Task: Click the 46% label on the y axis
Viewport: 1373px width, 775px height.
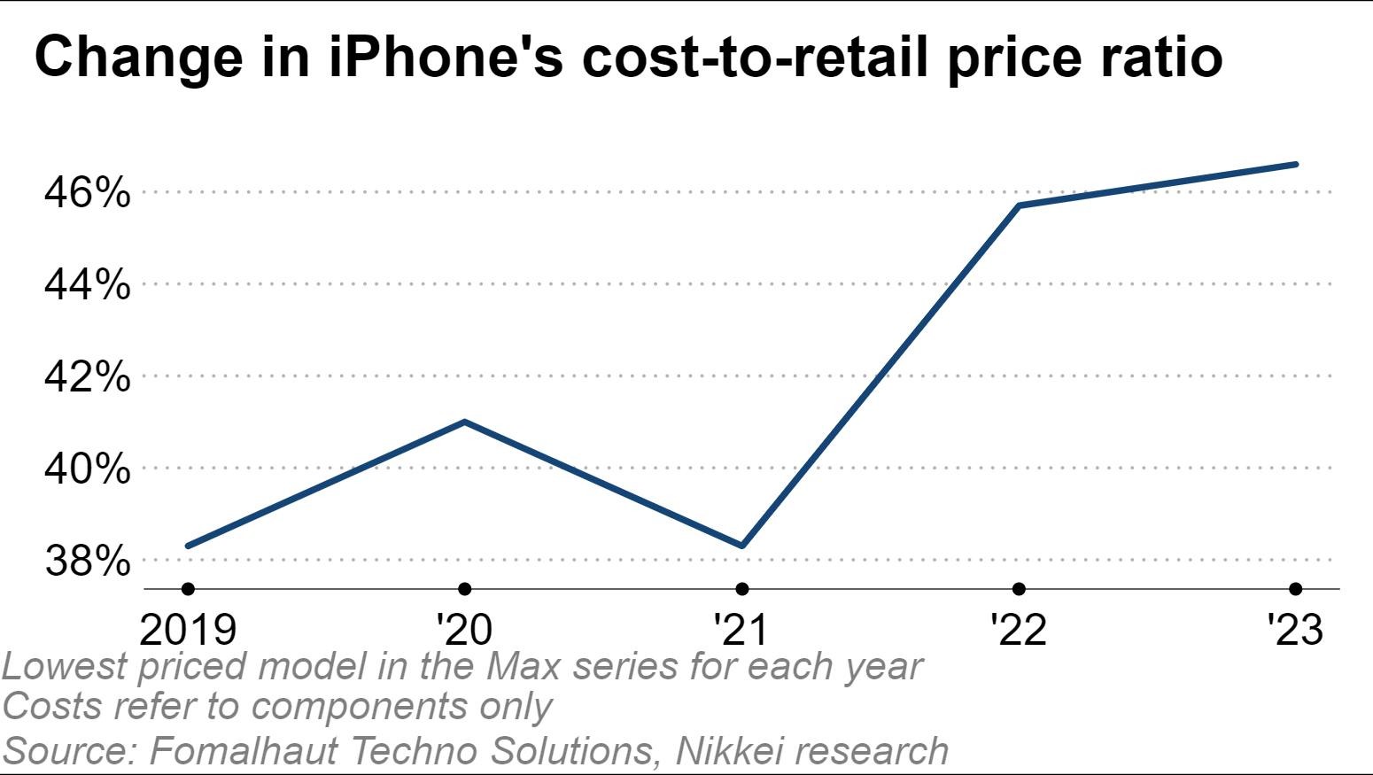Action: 87,192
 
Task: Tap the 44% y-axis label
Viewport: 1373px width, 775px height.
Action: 87,284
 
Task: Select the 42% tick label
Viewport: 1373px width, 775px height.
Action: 87,376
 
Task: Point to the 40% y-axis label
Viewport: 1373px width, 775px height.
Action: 87,469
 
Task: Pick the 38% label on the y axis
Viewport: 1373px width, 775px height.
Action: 87,560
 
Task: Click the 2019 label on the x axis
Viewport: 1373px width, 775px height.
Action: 188,629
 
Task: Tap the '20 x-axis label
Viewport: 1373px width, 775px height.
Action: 464,629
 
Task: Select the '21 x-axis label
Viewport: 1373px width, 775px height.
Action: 741,629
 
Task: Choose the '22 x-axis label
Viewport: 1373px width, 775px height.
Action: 1019,629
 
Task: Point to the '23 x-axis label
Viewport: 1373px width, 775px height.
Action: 1295,629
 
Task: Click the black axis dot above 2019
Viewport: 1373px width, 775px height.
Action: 188,589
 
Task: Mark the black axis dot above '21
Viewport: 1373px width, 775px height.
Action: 742,589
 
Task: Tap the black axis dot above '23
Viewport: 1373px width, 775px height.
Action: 1296,589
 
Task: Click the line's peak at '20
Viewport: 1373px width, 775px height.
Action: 465,422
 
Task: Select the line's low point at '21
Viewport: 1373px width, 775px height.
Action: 742,546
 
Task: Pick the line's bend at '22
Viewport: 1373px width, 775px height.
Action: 1020,205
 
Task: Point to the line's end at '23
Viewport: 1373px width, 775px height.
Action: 1296,164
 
